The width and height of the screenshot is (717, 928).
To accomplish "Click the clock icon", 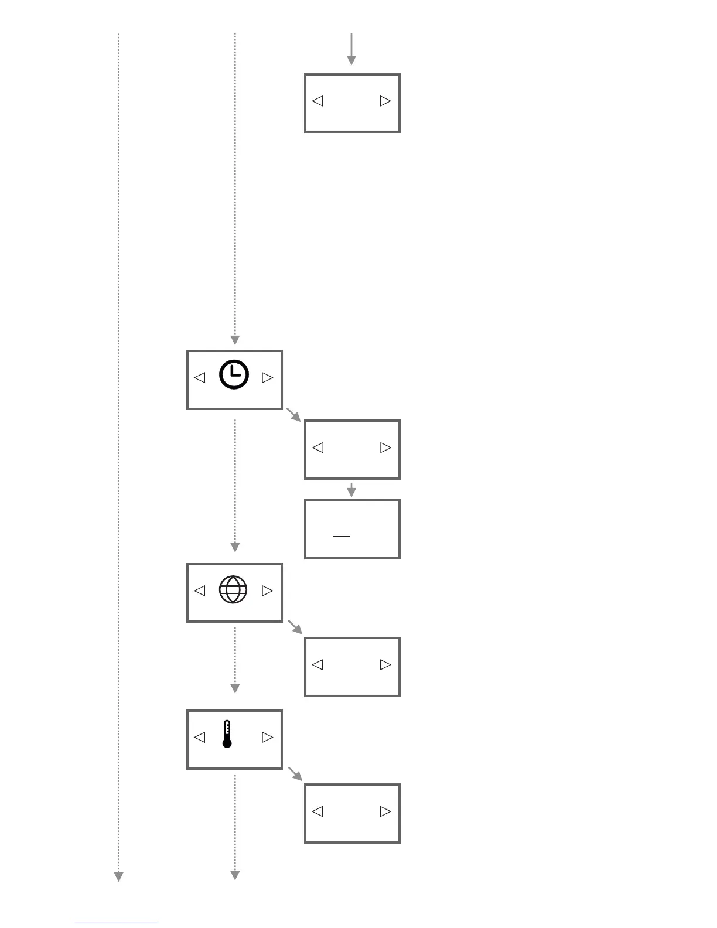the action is [x=234, y=375].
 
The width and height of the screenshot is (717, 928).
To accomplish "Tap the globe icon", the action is [x=233, y=589].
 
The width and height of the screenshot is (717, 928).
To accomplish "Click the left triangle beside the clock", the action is [x=200, y=378].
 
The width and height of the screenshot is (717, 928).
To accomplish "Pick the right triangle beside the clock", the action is [x=267, y=378].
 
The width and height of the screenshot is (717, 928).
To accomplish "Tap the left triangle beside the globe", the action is [x=200, y=591].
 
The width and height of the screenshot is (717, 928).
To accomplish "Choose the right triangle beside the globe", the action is [x=267, y=591].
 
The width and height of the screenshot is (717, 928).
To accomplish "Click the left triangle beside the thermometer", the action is [x=200, y=737].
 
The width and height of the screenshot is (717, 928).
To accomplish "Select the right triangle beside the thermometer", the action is [x=267, y=737].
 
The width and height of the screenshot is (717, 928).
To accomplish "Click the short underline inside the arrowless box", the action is [x=342, y=535].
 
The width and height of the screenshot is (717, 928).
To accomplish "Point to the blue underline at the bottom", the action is [x=116, y=923].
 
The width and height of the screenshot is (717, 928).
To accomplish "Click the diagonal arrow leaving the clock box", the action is [x=293, y=414].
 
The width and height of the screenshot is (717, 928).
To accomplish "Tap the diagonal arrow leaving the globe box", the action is [x=295, y=627].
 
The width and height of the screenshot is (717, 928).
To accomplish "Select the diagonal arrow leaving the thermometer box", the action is [x=295, y=773].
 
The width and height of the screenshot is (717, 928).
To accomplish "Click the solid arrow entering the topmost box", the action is [x=351, y=50].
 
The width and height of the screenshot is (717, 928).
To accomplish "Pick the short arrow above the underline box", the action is [x=351, y=490].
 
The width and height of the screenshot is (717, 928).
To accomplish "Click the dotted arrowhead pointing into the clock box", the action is [x=235, y=340].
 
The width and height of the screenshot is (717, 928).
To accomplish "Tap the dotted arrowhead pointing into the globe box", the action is [x=235, y=548].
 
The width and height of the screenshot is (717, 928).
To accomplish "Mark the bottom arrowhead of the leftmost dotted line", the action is [x=118, y=876].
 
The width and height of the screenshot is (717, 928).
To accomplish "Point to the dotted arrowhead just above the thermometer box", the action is [x=235, y=688].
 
